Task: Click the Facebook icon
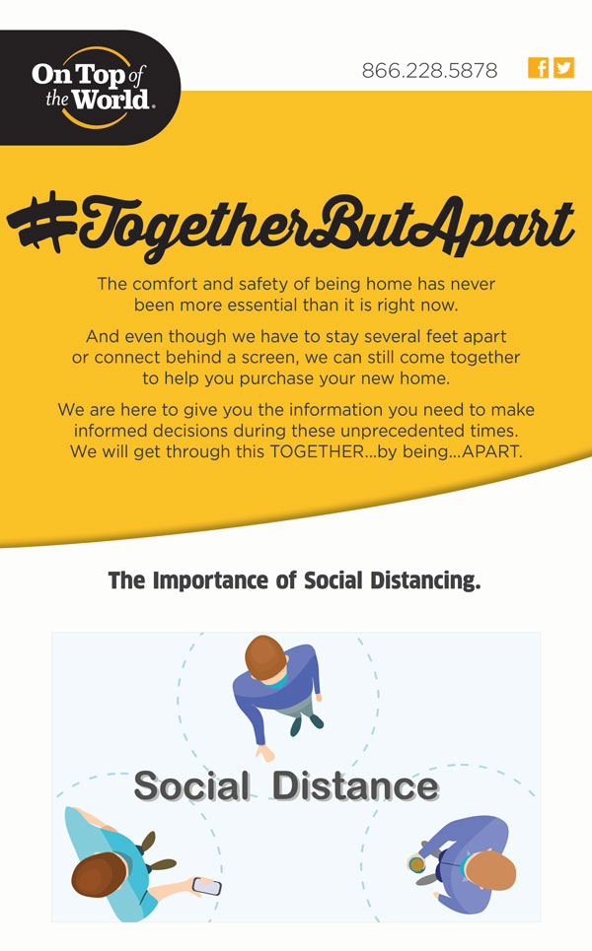(x=538, y=68)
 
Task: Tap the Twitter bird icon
(x=563, y=68)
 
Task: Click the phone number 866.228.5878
(x=429, y=70)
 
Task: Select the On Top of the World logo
(x=91, y=88)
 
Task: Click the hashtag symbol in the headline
(x=41, y=222)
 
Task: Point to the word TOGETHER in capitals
(x=317, y=451)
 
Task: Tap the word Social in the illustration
(x=191, y=786)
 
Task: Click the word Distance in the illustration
(x=355, y=786)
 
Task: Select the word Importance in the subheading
(x=210, y=580)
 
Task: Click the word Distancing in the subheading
(x=424, y=581)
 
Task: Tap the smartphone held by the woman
(x=206, y=886)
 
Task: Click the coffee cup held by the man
(x=416, y=864)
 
